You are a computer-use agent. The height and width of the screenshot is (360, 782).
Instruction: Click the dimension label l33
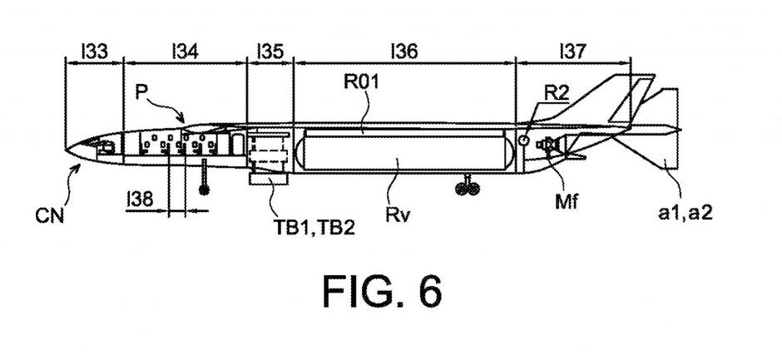pyautogui.click(x=94, y=52)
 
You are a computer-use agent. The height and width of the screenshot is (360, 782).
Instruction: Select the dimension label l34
pyautogui.click(x=185, y=52)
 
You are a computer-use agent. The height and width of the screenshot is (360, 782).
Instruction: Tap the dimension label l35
pyautogui.click(x=270, y=52)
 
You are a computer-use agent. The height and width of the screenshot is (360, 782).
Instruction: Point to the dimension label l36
pyautogui.click(x=403, y=52)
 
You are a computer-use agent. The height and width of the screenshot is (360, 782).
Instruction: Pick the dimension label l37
pyautogui.click(x=573, y=52)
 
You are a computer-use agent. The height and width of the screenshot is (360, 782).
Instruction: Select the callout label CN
pyautogui.click(x=52, y=216)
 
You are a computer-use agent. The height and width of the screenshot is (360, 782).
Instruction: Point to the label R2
pyautogui.click(x=557, y=91)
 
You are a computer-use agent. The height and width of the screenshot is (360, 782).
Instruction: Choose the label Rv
pyautogui.click(x=397, y=215)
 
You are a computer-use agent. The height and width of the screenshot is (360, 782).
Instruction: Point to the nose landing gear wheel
pyautogui.click(x=204, y=190)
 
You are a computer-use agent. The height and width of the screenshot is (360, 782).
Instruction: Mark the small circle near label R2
pyautogui.click(x=523, y=141)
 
